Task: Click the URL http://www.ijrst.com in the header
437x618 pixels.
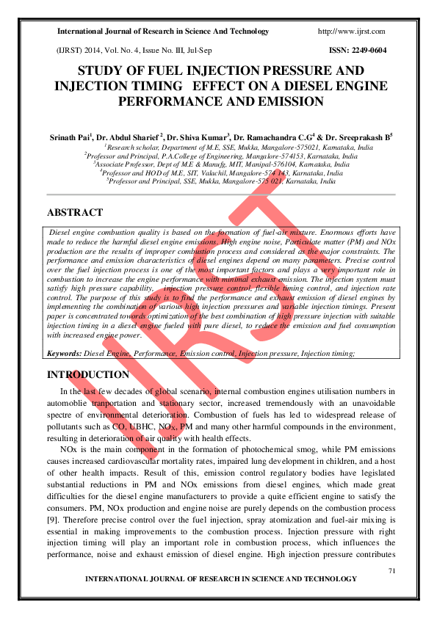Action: point(352,32)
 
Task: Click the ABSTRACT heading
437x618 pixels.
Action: point(75,212)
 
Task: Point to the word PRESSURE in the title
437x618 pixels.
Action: point(297,71)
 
